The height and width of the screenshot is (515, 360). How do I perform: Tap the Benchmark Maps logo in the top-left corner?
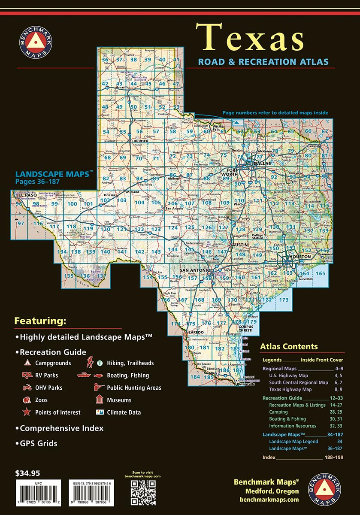[x=36, y=45]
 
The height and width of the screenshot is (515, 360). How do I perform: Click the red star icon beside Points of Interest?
[x=27, y=412]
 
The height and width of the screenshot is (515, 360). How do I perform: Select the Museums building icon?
[x=100, y=400]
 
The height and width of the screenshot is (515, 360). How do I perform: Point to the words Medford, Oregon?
[x=271, y=491]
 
